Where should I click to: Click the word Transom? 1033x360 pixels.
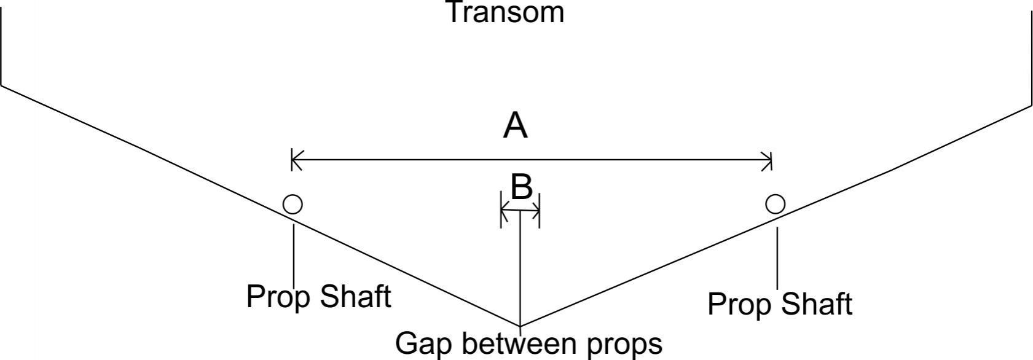coord(506,12)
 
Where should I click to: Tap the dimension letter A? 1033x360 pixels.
coord(515,126)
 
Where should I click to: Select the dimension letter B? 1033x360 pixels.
coord(522,187)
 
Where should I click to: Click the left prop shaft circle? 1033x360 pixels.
coord(293,204)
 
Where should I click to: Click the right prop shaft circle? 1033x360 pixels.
coord(776,204)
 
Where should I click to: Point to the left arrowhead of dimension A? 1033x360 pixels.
coord(297,160)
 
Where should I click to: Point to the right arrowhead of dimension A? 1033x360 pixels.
coord(766,160)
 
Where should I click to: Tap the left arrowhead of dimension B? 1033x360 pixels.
coord(505,211)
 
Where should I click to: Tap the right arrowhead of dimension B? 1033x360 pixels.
coord(535,211)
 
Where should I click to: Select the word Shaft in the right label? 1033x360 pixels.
coord(817,303)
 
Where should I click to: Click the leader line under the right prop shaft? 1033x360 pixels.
coord(777,258)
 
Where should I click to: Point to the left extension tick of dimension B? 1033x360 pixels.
coord(501,210)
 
